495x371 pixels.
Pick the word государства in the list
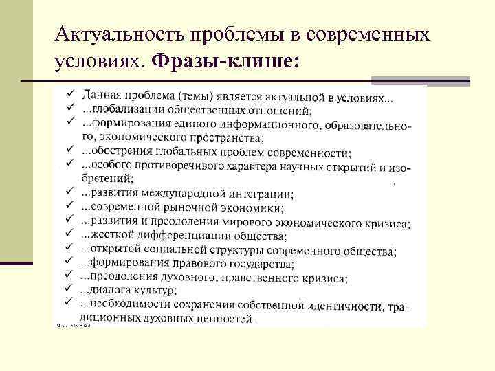[x=261, y=264]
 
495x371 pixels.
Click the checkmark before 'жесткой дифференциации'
[x=69, y=234]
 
